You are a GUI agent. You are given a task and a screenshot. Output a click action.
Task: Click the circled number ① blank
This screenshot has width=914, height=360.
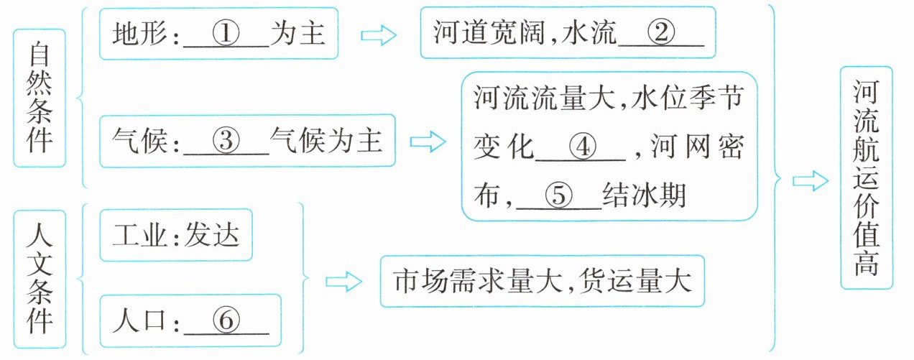pos(226,34)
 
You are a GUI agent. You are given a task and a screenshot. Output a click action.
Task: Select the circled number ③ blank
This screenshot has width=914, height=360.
pos(226,141)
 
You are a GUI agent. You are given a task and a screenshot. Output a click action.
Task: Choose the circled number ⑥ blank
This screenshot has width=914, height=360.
pos(226,322)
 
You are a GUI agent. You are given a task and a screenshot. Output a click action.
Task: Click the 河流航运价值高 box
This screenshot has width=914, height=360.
pos(866,177)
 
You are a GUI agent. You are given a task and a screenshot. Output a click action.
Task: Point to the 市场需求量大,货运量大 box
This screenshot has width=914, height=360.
pos(543,281)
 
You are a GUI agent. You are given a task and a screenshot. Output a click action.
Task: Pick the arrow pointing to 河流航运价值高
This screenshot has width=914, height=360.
pos(811,180)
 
